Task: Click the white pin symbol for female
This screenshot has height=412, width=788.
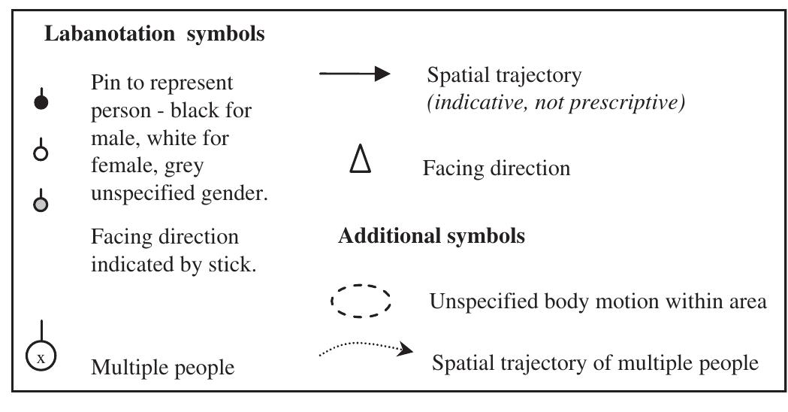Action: pyautogui.click(x=42, y=153)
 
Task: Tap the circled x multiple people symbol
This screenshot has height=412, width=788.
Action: pyautogui.click(x=41, y=356)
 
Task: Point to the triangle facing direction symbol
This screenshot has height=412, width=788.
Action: pyautogui.click(x=359, y=160)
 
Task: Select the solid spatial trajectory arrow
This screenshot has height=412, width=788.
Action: pyautogui.click(x=355, y=74)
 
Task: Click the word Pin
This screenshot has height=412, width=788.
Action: pyautogui.click(x=106, y=81)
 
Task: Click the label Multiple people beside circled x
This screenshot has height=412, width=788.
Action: pyautogui.click(x=162, y=368)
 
